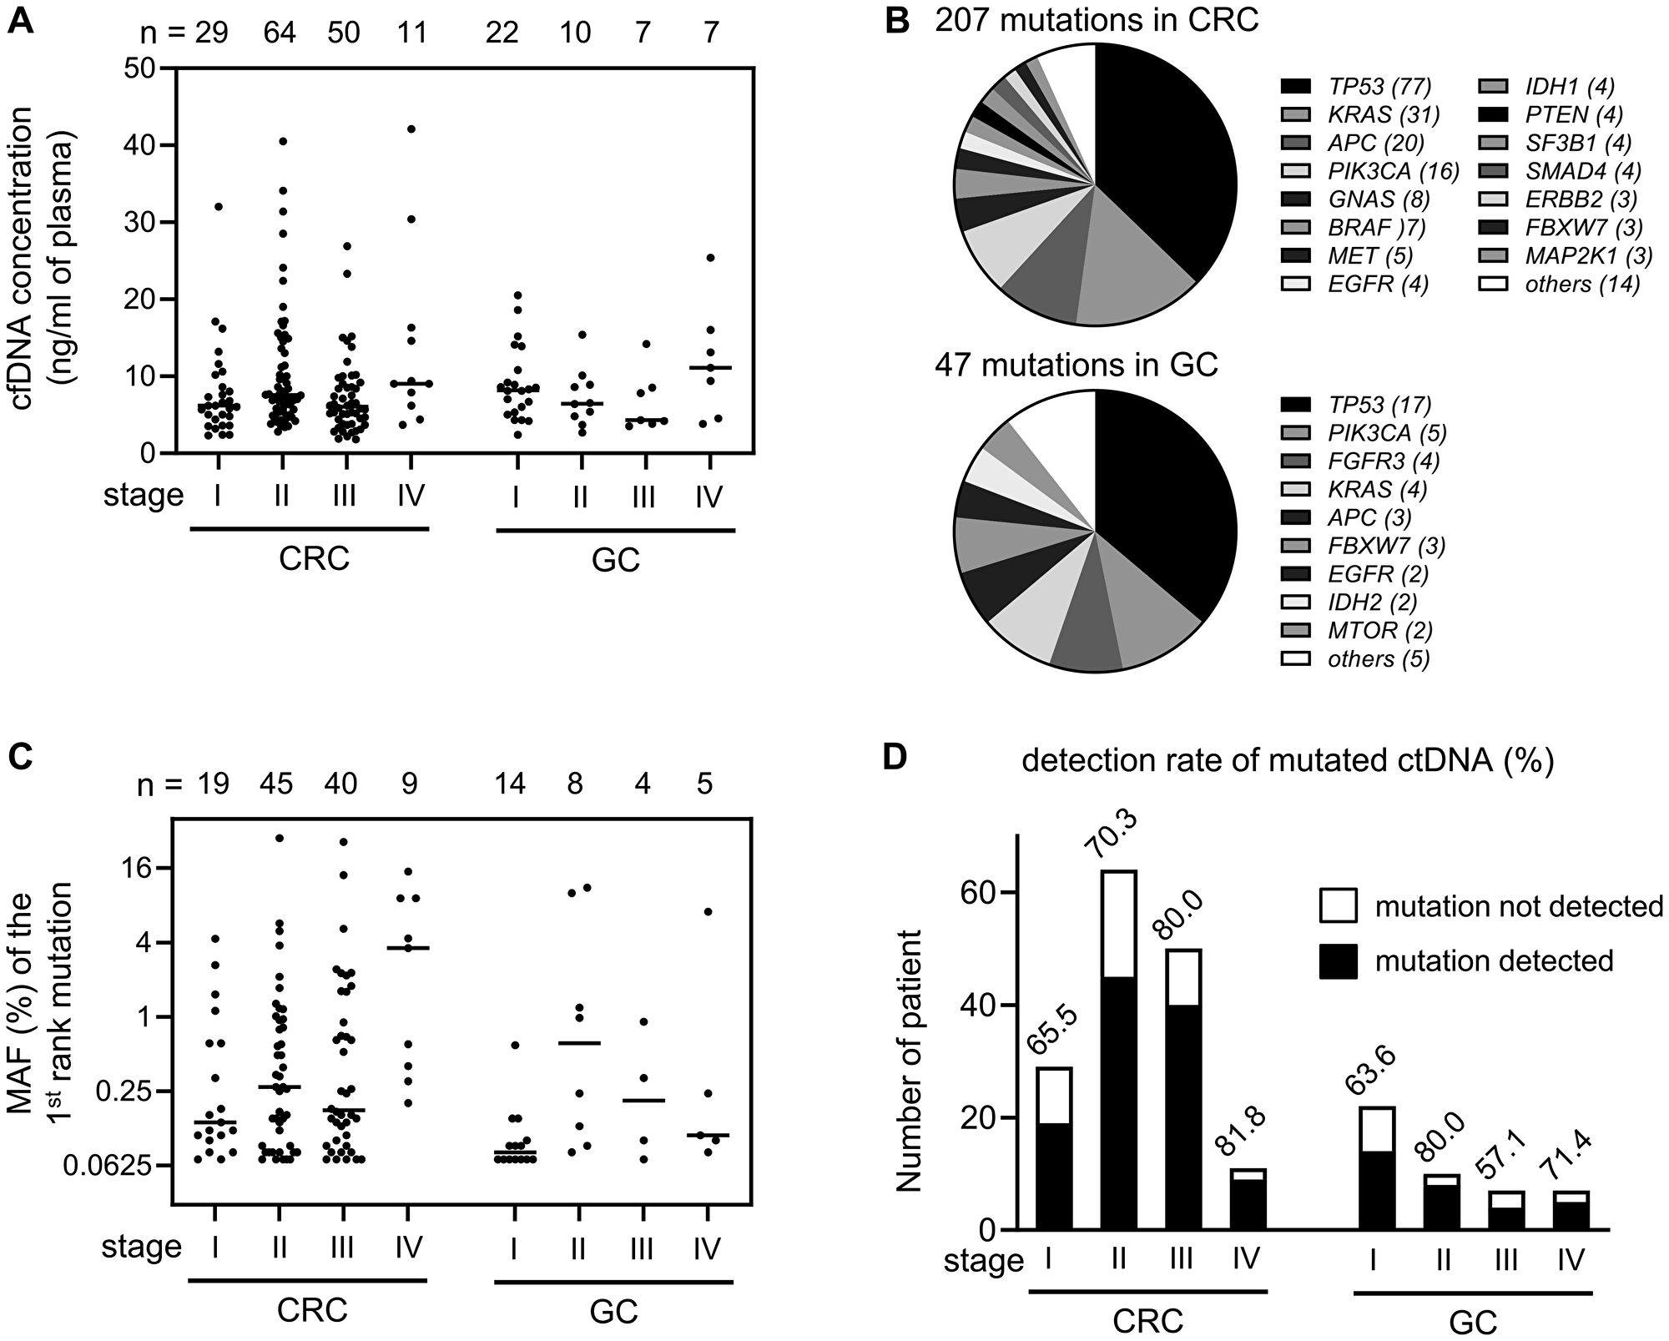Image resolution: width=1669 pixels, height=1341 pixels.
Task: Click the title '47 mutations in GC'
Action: [1077, 365]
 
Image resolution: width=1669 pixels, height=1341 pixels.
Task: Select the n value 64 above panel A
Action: [280, 32]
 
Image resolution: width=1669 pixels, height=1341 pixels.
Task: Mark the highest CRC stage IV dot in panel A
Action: [411, 129]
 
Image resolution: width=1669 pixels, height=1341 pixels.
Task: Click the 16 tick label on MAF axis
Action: [134, 868]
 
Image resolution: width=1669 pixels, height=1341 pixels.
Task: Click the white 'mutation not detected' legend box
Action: [1338, 905]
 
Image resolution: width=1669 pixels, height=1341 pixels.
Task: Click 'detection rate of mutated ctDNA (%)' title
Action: [1287, 762]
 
